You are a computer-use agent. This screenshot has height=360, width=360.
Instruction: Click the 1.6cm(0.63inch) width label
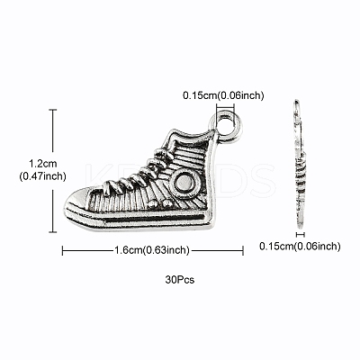click(152, 249)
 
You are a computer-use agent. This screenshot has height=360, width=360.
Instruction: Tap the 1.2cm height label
click(42, 164)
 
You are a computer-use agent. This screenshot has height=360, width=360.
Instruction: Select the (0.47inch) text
click(42, 176)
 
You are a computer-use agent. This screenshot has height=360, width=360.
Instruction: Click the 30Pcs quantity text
click(180, 280)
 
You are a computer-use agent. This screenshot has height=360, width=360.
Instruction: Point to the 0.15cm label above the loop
click(223, 95)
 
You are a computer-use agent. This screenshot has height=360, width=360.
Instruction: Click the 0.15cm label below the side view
click(300, 247)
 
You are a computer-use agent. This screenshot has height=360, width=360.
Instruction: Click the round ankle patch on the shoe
click(184, 184)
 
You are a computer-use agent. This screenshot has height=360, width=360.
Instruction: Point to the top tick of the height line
click(53, 110)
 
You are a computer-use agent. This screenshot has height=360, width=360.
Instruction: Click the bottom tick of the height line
click(53, 231)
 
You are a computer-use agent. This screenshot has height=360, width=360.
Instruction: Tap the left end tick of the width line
click(62, 250)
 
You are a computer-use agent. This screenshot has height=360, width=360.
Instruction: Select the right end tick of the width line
click(243, 250)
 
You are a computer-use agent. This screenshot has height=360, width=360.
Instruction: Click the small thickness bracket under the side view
click(301, 234)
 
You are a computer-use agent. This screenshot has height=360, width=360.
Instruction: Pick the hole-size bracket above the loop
click(225, 105)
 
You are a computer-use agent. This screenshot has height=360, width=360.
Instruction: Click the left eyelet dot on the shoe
click(153, 204)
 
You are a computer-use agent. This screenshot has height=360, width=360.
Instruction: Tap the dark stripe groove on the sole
click(156, 218)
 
